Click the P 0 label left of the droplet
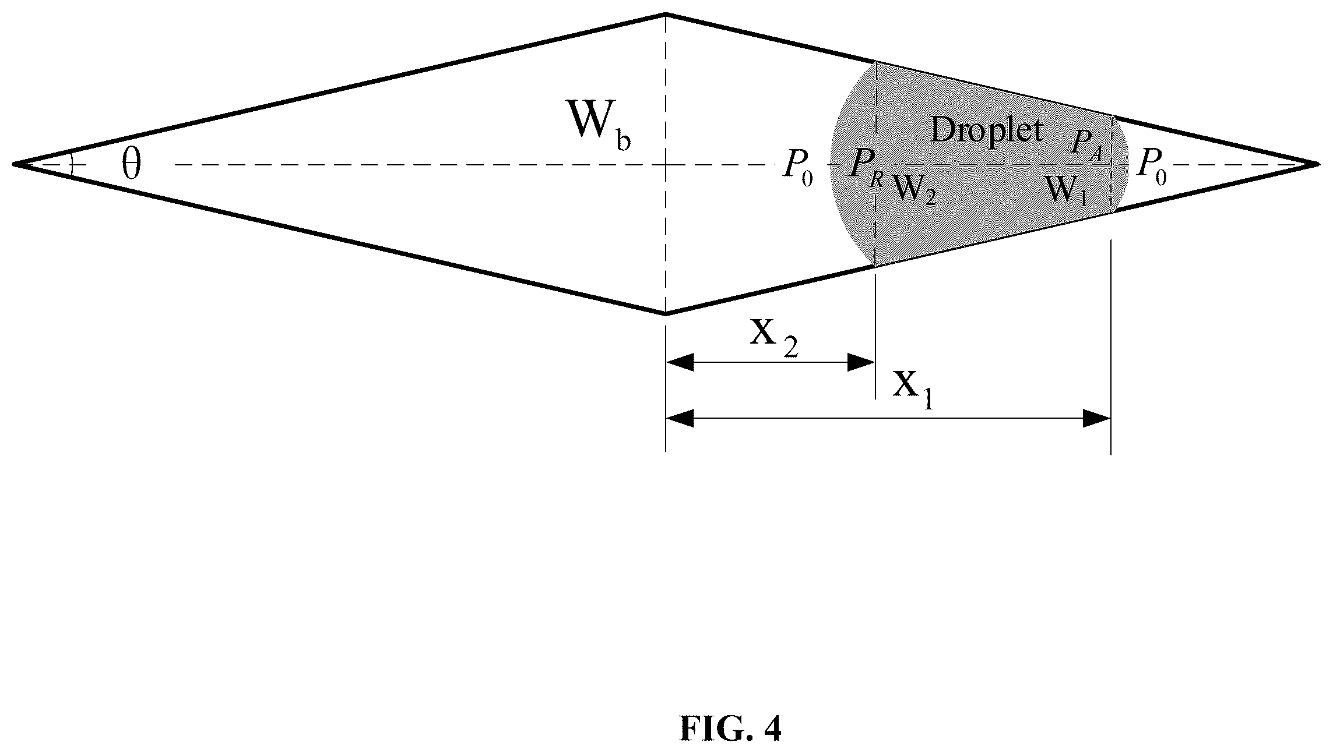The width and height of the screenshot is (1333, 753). click(797, 169)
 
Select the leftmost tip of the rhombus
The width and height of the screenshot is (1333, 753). click(14, 164)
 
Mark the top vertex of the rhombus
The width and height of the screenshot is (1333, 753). click(666, 14)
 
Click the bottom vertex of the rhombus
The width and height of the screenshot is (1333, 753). click(666, 314)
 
